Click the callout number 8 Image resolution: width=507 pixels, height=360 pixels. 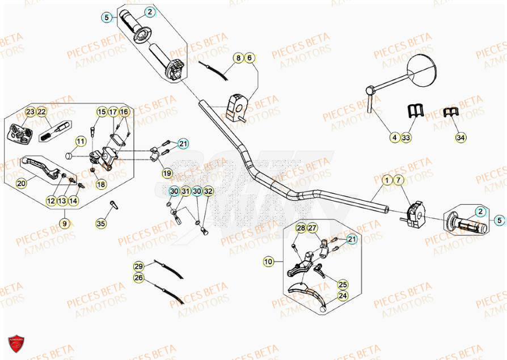(x=239, y=58)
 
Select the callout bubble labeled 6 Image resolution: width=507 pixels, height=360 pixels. (x=250, y=58)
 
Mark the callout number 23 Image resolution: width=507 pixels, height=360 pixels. (x=30, y=112)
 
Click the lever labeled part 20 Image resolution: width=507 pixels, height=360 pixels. (x=41, y=168)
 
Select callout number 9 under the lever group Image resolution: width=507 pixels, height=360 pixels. (x=65, y=223)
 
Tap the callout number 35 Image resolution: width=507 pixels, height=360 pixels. (x=101, y=223)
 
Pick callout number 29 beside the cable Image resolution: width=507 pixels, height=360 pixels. (x=139, y=266)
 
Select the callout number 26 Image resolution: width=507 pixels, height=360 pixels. (x=139, y=277)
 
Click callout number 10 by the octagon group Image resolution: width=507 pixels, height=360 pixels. (x=268, y=261)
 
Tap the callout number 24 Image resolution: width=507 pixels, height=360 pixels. (x=343, y=295)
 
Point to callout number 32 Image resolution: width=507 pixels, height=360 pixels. (x=208, y=192)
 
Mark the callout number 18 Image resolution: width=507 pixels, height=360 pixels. (x=101, y=184)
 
